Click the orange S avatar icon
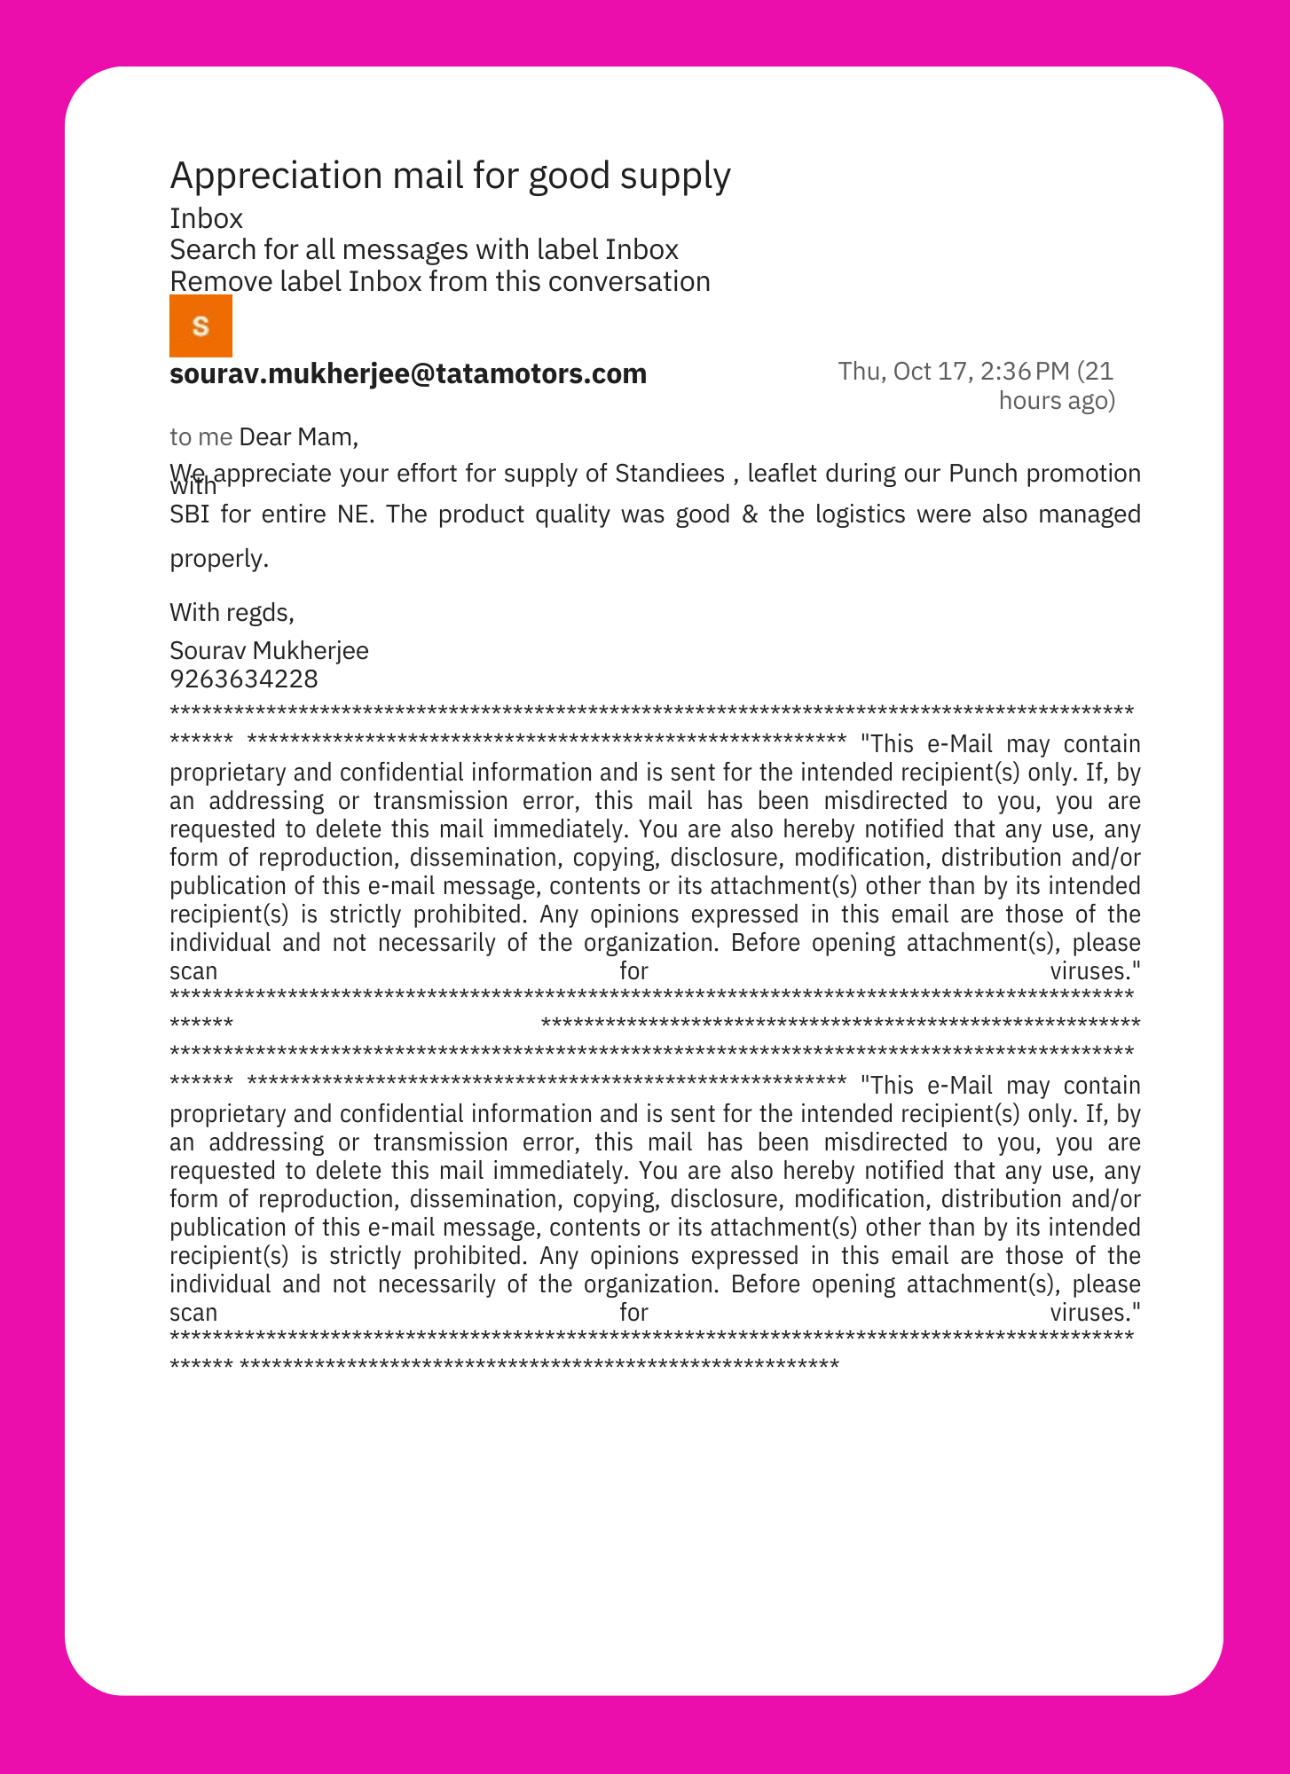pyautogui.click(x=201, y=326)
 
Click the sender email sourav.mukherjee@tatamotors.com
pyautogui.click(x=408, y=373)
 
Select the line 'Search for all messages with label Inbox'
pyautogui.click(x=424, y=250)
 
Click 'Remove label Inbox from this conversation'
pyautogui.click(x=440, y=281)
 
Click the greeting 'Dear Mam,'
pyautogui.click(x=299, y=436)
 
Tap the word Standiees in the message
pyautogui.click(x=670, y=474)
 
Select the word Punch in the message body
pyautogui.click(x=983, y=474)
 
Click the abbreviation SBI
pyautogui.click(x=189, y=514)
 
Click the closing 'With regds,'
pyautogui.click(x=232, y=612)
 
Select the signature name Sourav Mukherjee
pyautogui.click(x=269, y=650)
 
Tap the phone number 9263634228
pyautogui.click(x=244, y=679)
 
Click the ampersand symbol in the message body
pyautogui.click(x=750, y=514)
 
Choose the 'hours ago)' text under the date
pyautogui.click(x=1057, y=401)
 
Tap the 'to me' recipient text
pyautogui.click(x=201, y=436)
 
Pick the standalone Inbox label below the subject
pyautogui.click(x=206, y=218)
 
